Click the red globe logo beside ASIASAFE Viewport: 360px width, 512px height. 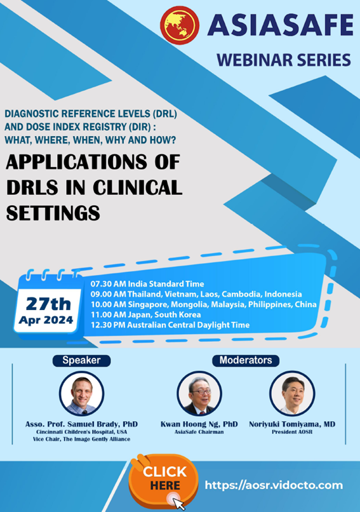coord(180,25)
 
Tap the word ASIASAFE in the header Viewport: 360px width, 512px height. coord(281,25)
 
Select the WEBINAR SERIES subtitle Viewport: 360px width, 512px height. coord(284,60)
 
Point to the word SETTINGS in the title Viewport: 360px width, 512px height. coord(53,213)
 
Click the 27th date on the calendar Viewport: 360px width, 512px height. coord(48,304)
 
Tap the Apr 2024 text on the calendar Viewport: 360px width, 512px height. coord(46,320)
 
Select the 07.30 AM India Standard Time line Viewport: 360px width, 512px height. coord(147,284)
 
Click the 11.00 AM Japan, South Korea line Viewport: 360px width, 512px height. coord(145,314)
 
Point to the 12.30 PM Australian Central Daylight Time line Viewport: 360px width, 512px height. coord(170,325)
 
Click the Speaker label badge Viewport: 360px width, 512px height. coord(82,360)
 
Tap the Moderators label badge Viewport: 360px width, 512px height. coord(246,360)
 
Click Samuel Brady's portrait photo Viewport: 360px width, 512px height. coord(82,393)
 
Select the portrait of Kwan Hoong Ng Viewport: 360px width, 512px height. coord(199,393)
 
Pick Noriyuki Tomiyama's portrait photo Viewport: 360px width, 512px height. coord(292,393)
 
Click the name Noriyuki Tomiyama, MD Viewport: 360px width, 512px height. coord(292,424)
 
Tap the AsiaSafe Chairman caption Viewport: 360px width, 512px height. coord(199,432)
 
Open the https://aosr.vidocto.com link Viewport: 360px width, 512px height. coord(274,485)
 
